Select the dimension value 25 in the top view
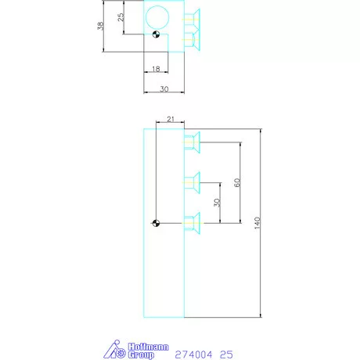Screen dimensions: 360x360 click(x=121, y=17)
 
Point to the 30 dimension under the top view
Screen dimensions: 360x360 click(x=164, y=88)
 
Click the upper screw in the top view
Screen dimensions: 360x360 click(x=193, y=17)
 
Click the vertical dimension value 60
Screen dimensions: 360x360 click(x=236, y=182)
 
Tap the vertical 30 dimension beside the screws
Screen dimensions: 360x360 click(x=217, y=202)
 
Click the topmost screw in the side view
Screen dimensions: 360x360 click(x=193, y=142)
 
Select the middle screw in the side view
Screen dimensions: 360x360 click(x=193, y=182)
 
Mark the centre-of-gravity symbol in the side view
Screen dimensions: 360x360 click(x=157, y=223)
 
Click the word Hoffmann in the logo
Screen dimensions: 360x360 click(x=139, y=345)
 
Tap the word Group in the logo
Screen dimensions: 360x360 click(x=139, y=355)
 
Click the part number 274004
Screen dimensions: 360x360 click(x=193, y=354)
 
